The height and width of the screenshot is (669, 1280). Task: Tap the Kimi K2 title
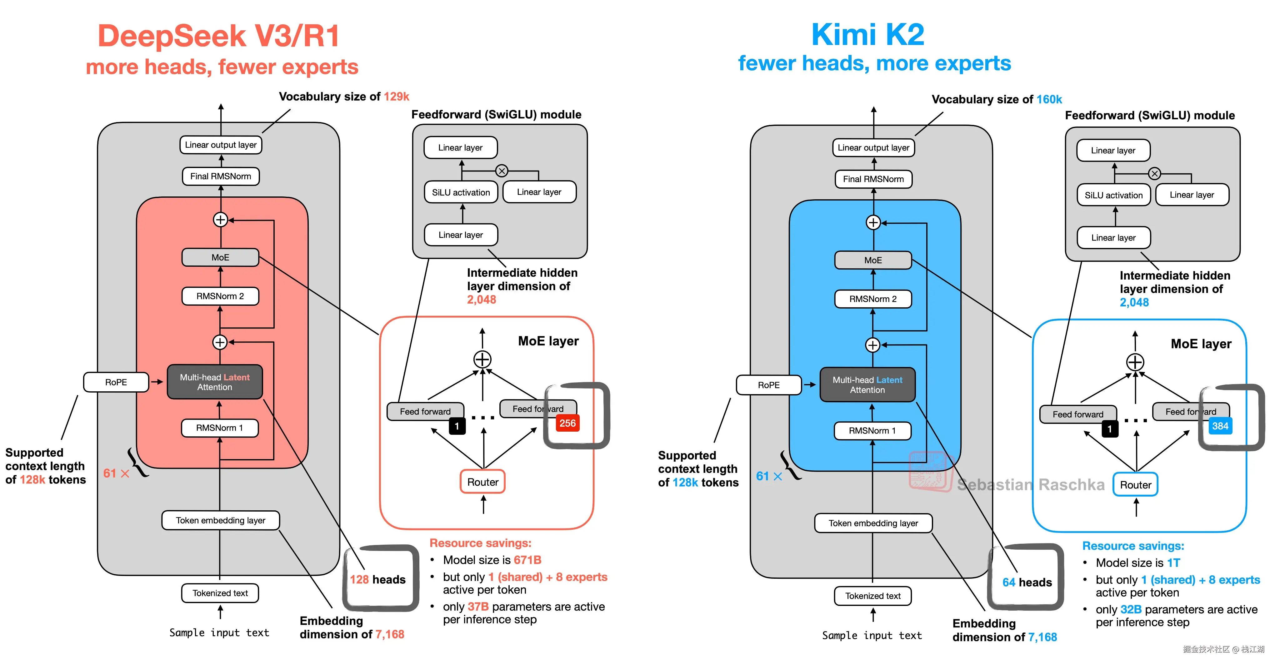pyautogui.click(x=867, y=35)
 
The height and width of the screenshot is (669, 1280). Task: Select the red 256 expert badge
pyautogui.click(x=567, y=423)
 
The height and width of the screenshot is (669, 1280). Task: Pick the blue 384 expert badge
pyautogui.click(x=1220, y=426)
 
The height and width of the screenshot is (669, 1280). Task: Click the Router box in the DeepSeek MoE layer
pyautogui.click(x=482, y=482)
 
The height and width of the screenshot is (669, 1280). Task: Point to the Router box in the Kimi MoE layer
pyautogui.click(x=1135, y=485)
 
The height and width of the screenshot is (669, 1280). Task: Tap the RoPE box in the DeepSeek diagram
pyautogui.click(x=116, y=382)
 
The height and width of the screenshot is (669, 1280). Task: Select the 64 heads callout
pyautogui.click(x=1027, y=582)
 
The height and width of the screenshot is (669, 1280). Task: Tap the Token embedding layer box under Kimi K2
pyautogui.click(x=873, y=523)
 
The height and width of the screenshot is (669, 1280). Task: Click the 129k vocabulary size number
pyautogui.click(x=397, y=96)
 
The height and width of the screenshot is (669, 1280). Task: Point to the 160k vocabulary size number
pyautogui.click(x=1049, y=99)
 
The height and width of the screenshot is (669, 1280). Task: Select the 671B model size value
pyautogui.click(x=527, y=560)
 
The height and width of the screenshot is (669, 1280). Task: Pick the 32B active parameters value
pyautogui.click(x=1131, y=609)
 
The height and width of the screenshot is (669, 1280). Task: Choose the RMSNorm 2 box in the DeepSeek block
pyautogui.click(x=220, y=296)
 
